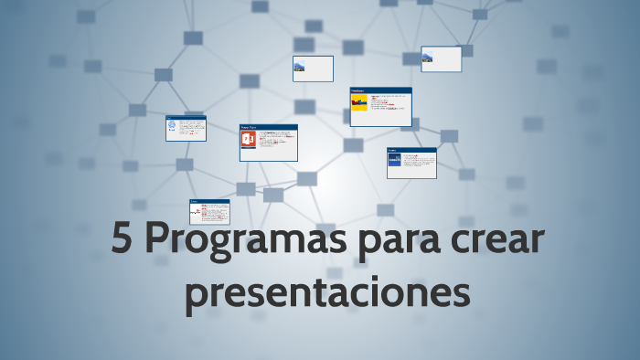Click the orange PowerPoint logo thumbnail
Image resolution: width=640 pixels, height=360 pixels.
(x=249, y=140)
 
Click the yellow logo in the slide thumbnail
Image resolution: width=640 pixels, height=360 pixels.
(x=359, y=103)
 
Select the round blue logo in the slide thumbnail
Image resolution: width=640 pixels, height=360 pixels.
(x=172, y=129)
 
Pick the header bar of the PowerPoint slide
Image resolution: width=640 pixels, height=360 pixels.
(x=269, y=127)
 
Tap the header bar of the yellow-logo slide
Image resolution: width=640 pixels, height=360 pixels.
(x=381, y=90)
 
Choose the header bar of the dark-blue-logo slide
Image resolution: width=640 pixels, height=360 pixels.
(x=411, y=150)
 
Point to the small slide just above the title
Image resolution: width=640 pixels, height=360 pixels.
(x=209, y=212)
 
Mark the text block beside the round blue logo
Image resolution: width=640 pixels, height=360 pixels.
(x=191, y=129)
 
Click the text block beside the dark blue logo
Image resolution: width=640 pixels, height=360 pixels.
(x=418, y=162)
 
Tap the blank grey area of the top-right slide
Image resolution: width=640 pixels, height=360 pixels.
(x=448, y=60)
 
